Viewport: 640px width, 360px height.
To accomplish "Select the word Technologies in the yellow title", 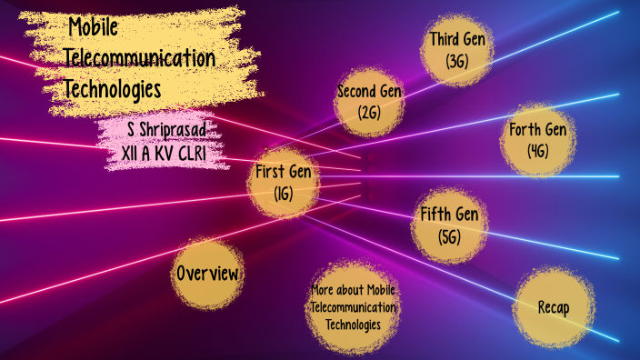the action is [113, 90].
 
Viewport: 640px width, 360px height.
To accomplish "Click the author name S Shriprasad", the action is [155, 130].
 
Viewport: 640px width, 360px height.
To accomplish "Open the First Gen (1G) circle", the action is [283, 181].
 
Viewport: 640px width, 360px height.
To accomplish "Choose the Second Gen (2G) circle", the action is [370, 102].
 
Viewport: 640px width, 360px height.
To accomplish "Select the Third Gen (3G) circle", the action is [456, 50].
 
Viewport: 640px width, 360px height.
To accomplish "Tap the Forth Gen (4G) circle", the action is [538, 140].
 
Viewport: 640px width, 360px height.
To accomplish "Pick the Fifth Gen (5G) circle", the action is [449, 225].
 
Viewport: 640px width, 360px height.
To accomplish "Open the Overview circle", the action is [208, 273].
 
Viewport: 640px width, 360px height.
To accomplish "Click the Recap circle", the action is [553, 307].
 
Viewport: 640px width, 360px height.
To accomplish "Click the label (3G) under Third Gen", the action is [456, 62].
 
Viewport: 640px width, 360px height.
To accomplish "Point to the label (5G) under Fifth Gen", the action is [449, 237].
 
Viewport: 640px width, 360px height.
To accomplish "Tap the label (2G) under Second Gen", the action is [370, 113].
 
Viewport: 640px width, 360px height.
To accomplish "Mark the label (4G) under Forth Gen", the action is [538, 151].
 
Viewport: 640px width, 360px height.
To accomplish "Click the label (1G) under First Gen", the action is [283, 193].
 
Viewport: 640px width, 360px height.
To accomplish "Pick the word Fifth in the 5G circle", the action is [435, 215].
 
